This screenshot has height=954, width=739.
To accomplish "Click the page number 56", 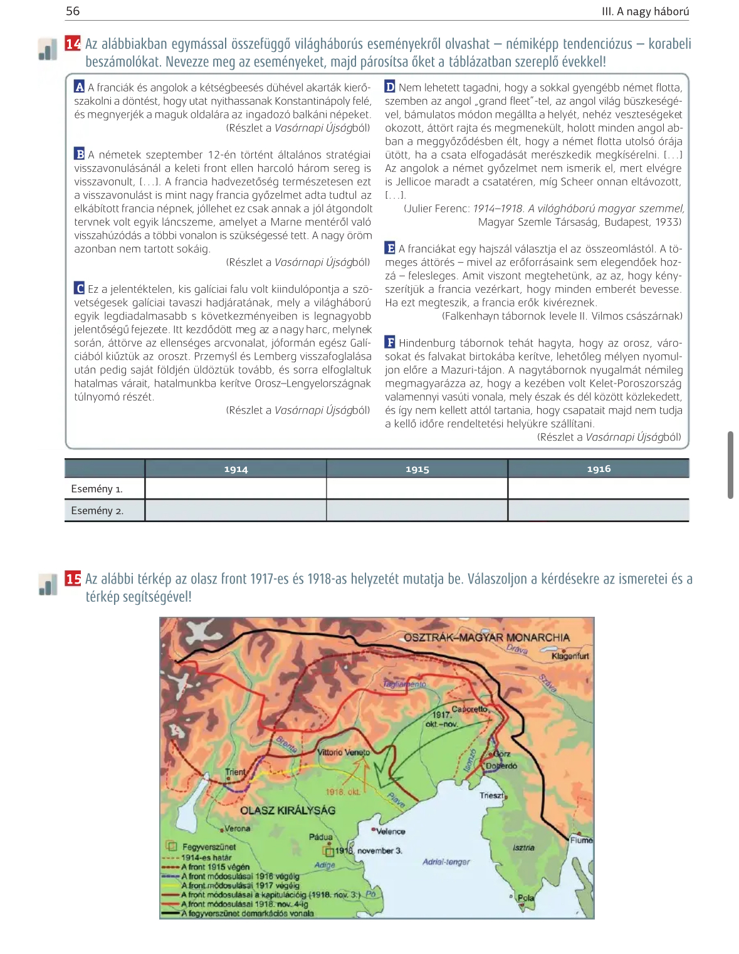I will pyautogui.click(x=73, y=11).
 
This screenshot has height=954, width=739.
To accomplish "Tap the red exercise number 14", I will pyautogui.click(x=73, y=44).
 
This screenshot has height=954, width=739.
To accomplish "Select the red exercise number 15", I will pyautogui.click(x=73, y=579).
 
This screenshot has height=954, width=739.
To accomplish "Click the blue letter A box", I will pyautogui.click(x=79, y=87).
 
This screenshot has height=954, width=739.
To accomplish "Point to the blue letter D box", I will pyautogui.click(x=390, y=87).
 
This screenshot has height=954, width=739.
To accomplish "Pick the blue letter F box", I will pyautogui.click(x=390, y=342).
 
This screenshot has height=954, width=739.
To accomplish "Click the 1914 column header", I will pyautogui.click(x=236, y=469).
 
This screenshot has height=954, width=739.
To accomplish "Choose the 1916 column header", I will pyautogui.click(x=599, y=469).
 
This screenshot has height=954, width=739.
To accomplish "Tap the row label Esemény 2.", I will pyautogui.click(x=97, y=511).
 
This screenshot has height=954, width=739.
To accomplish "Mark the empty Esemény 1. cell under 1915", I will pyautogui.click(x=417, y=489).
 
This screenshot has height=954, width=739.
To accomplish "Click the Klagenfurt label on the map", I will pyautogui.click(x=570, y=656).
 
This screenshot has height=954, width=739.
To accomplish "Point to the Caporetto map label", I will pyautogui.click(x=469, y=709).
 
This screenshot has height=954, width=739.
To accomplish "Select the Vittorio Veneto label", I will pyautogui.click(x=343, y=752).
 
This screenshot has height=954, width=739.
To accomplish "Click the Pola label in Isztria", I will pyautogui.click(x=525, y=898).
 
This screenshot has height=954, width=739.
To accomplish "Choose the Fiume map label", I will pyautogui.click(x=581, y=840).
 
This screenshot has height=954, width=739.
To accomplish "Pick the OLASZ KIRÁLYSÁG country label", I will pyautogui.click(x=288, y=810).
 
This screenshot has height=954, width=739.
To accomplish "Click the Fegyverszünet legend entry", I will pyautogui.click(x=209, y=847).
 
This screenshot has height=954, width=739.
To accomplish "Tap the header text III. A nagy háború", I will pyautogui.click(x=645, y=11).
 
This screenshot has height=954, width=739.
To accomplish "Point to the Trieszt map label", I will pyautogui.click(x=491, y=795).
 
